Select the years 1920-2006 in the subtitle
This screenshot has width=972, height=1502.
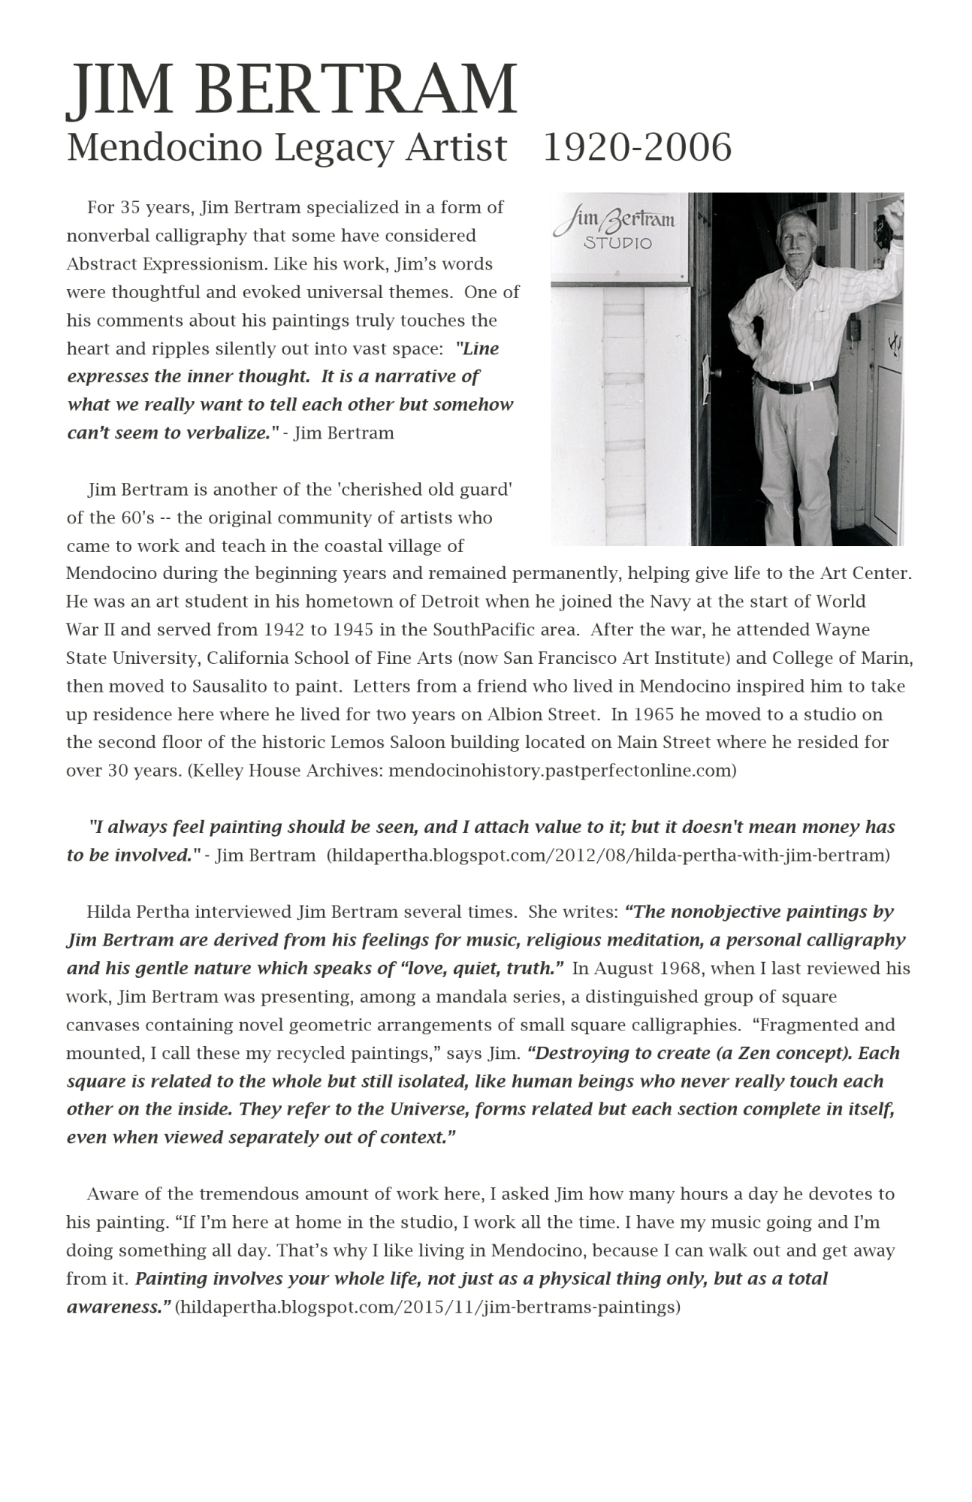(636, 147)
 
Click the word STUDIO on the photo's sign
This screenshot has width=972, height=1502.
(617, 243)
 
